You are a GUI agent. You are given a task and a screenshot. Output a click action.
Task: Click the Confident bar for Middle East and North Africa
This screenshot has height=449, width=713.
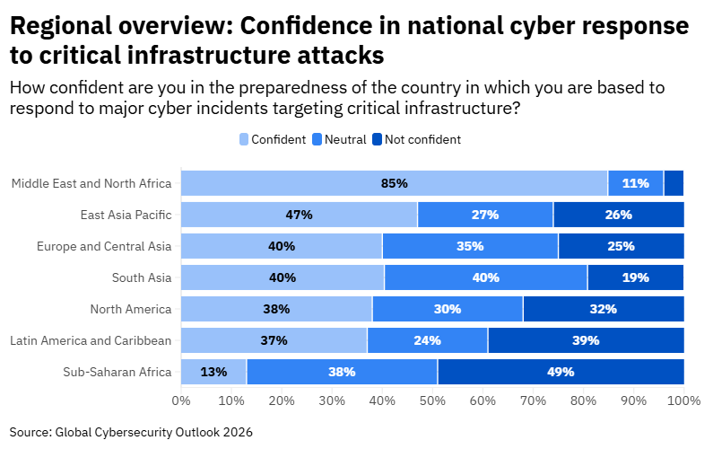[395, 183]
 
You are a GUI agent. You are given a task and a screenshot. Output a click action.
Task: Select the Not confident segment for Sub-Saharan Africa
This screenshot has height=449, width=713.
[561, 372]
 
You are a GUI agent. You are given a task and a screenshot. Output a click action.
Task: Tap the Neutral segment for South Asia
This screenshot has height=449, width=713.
[485, 277]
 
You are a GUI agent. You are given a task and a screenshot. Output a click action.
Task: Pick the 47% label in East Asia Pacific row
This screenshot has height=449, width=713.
[299, 215]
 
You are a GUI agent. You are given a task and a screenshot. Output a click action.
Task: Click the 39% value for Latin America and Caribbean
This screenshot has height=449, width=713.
[586, 340]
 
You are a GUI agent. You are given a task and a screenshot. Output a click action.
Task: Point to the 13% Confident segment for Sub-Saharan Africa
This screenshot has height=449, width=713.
[213, 372]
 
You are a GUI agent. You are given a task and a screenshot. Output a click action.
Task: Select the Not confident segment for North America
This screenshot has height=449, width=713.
[603, 309]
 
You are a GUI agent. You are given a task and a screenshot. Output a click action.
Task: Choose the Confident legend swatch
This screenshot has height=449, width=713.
[244, 139]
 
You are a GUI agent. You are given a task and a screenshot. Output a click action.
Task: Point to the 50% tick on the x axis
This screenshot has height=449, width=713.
[432, 400]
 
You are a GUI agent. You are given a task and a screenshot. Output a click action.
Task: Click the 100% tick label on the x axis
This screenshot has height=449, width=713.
[684, 400]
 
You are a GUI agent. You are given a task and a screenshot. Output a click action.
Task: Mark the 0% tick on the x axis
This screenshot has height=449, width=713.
[181, 400]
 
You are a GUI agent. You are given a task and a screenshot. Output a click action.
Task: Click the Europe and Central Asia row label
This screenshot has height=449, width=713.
[104, 246]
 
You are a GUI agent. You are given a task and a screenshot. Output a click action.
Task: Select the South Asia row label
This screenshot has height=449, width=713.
[141, 277]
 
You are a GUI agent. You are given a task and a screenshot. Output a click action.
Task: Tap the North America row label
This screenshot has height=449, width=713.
[130, 309]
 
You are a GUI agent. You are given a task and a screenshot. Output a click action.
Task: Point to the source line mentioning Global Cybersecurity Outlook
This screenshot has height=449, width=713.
[131, 432]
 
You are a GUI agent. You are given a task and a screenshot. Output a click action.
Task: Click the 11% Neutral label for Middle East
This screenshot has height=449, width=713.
[636, 183]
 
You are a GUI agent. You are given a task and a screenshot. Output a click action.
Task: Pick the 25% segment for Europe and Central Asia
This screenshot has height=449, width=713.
[621, 246]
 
